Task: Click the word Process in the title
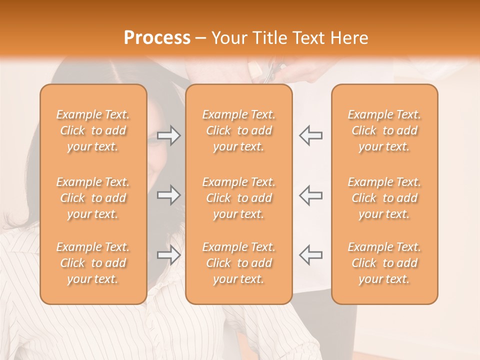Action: click(157, 38)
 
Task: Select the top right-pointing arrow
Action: click(169, 135)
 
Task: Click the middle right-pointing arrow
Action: click(169, 195)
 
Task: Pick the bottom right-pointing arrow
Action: click(169, 254)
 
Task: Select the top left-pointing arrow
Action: click(310, 135)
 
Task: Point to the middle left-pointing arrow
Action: click(310, 195)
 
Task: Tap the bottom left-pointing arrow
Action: click(310, 254)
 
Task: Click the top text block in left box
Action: click(93, 130)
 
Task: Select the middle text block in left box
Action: click(93, 198)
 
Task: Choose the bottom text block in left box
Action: click(93, 263)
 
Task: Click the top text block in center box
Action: click(238, 130)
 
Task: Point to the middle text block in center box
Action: click(238, 198)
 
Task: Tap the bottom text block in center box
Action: click(238, 263)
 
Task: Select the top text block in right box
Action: click(384, 130)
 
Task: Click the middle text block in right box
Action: click(384, 198)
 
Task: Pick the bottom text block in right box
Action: click(384, 263)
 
